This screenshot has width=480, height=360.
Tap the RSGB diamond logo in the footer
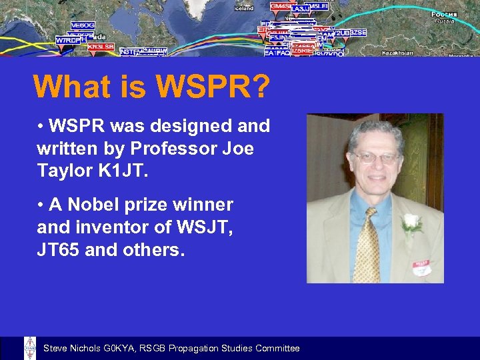coord(30,348)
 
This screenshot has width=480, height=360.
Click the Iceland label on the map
coord(244,9)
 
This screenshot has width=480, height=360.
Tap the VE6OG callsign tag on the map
coord(83,25)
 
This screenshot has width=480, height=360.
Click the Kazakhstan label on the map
coord(397,53)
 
